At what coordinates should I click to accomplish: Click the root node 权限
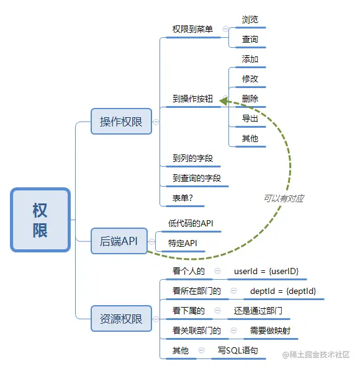[x=40, y=220]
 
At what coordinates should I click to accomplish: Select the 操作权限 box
[x=121, y=122]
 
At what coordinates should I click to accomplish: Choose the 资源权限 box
[x=121, y=319]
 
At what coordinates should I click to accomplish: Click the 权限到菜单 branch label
[x=192, y=29]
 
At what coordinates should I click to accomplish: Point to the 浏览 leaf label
[x=250, y=19]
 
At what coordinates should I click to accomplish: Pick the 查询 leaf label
[x=250, y=39]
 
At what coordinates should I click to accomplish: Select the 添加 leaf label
[x=250, y=59]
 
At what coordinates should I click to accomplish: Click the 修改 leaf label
[x=250, y=79]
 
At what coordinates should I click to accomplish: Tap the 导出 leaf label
[x=250, y=118]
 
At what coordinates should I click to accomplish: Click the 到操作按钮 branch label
[x=192, y=99]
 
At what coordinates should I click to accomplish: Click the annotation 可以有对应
[x=283, y=198]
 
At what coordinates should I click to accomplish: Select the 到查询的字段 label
[x=196, y=179]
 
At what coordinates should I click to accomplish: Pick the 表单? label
[x=183, y=198]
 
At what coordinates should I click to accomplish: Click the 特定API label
[x=182, y=243]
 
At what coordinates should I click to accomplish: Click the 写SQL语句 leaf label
[x=237, y=350]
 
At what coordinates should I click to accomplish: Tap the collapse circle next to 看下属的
[x=218, y=311]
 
